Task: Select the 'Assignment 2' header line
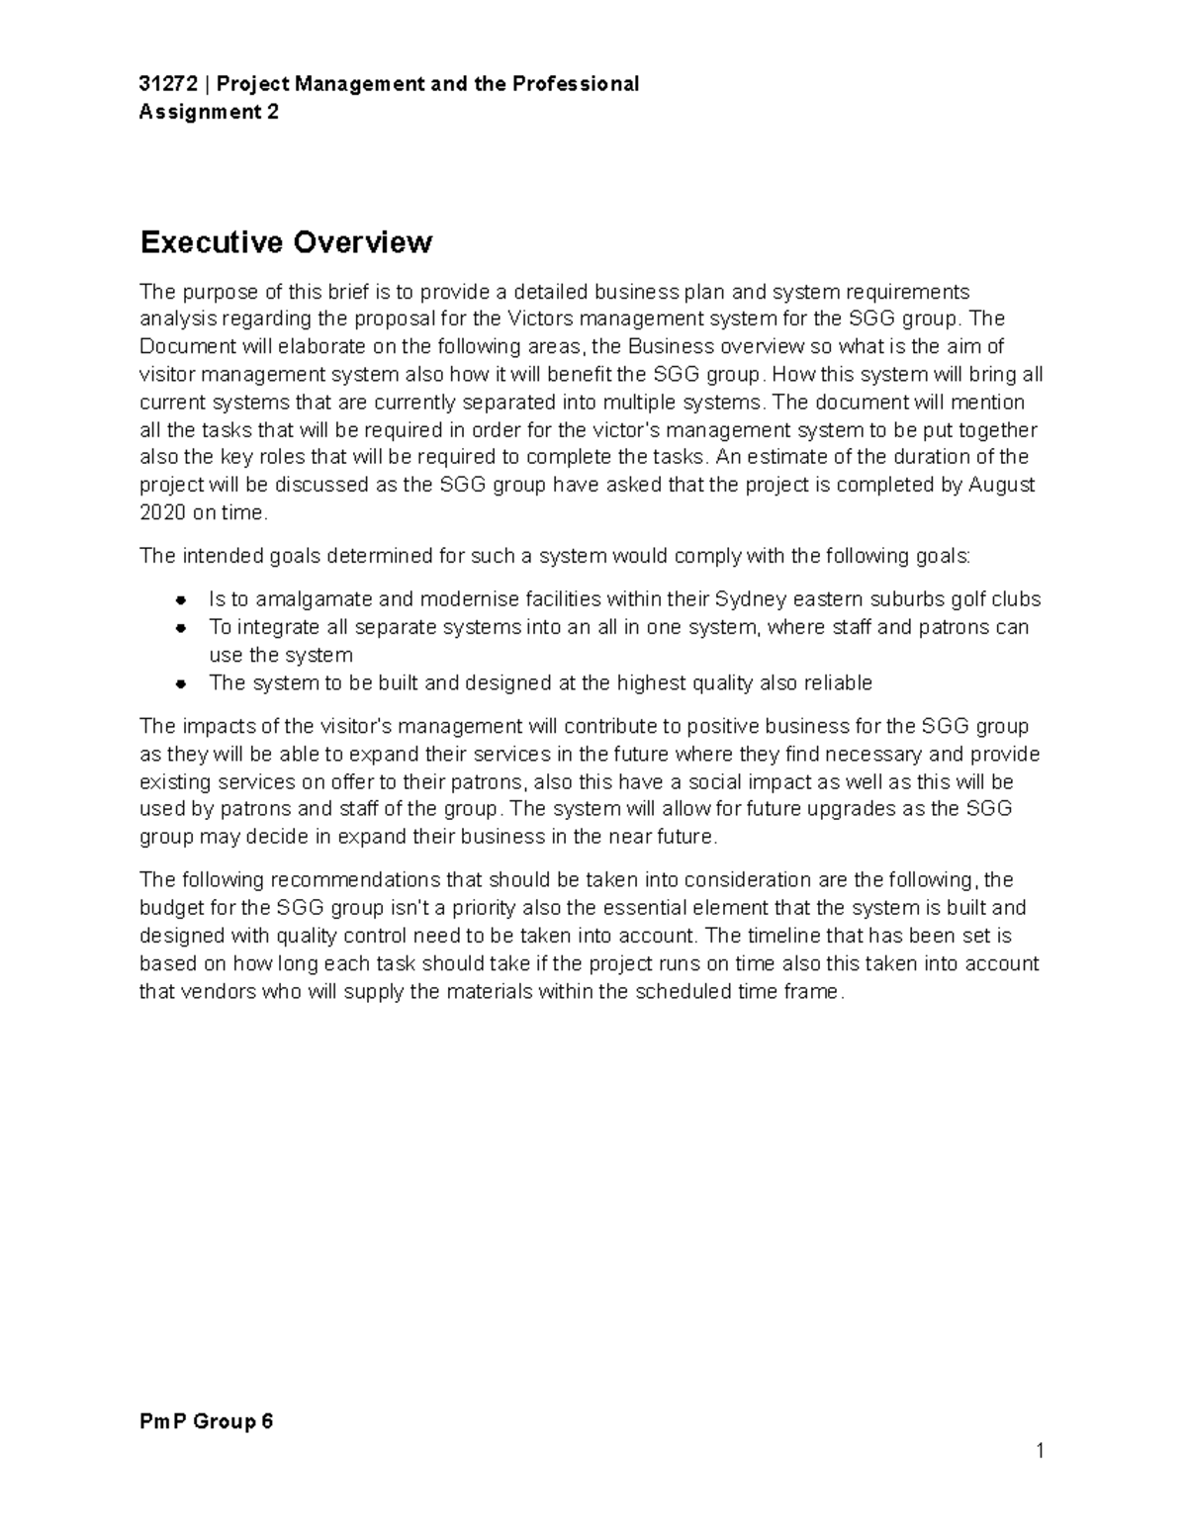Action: pyautogui.click(x=209, y=112)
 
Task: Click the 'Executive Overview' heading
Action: pyautogui.click(x=286, y=242)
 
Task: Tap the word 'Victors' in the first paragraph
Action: pyautogui.click(x=539, y=318)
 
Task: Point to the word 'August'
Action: pyautogui.click(x=1001, y=485)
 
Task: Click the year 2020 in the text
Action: pyautogui.click(x=161, y=512)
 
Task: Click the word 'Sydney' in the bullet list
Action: pyautogui.click(x=750, y=599)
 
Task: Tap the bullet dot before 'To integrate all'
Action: pyautogui.click(x=180, y=628)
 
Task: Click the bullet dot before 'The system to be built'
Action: pyautogui.click(x=180, y=683)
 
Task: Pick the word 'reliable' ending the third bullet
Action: pyautogui.click(x=838, y=682)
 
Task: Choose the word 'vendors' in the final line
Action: pyautogui.click(x=216, y=991)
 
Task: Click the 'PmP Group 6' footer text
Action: pyautogui.click(x=206, y=1422)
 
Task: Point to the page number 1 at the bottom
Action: pyautogui.click(x=1040, y=1451)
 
